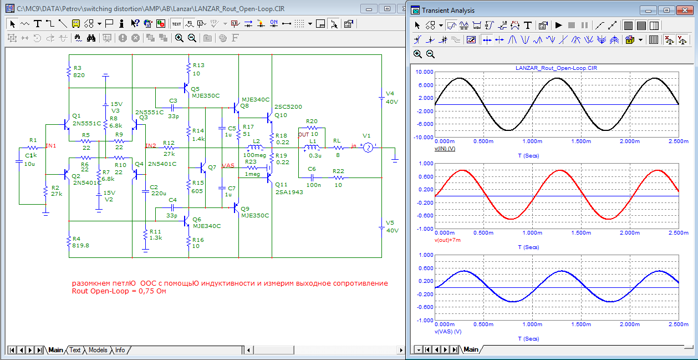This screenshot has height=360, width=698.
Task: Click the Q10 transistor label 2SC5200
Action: click(288, 107)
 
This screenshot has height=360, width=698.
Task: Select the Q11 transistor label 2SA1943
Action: click(289, 192)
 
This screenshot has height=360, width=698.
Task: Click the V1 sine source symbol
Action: click(368, 148)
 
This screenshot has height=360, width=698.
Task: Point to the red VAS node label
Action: click(228, 165)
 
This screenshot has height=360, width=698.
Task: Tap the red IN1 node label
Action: click(51, 145)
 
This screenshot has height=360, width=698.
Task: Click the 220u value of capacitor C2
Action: click(159, 194)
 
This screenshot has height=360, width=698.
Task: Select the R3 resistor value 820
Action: click(79, 75)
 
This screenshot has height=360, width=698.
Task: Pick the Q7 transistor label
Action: click(212, 168)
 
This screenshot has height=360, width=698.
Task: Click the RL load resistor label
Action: click(337, 141)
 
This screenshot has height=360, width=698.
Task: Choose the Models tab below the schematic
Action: click(98, 350)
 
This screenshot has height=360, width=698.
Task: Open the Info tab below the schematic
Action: click(120, 350)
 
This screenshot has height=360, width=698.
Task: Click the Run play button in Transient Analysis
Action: click(558, 26)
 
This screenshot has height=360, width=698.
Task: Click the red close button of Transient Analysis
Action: click(685, 11)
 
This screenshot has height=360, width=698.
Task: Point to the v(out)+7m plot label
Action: click(447, 240)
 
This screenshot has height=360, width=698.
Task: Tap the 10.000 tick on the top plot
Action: click(424, 72)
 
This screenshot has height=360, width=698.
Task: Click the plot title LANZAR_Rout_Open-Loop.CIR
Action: click(556, 68)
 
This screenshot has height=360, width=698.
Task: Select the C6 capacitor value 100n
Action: click(313, 185)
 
